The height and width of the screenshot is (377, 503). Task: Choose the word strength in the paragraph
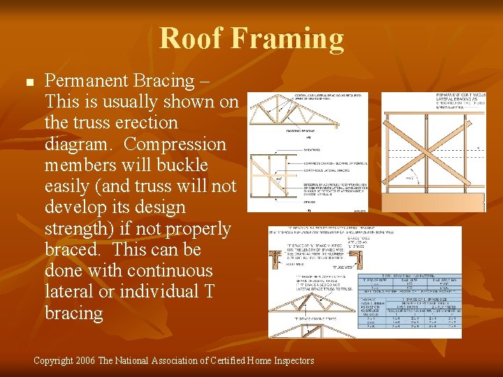coord(77,228)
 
